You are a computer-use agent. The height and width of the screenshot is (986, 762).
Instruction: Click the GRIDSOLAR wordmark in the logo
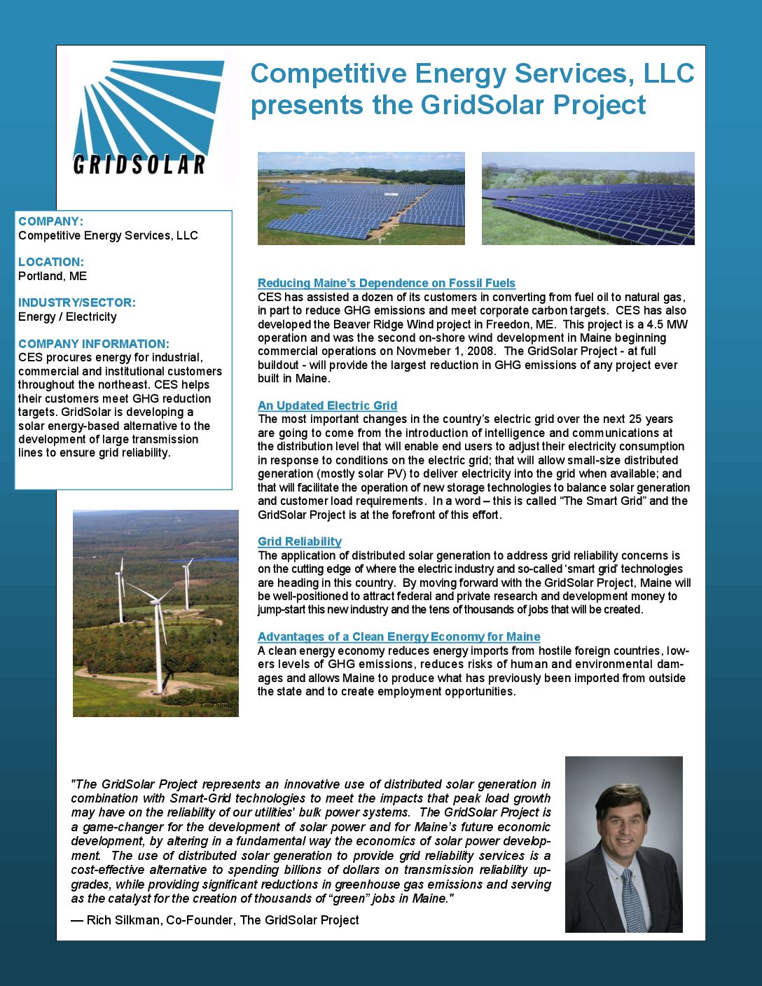[x=139, y=165]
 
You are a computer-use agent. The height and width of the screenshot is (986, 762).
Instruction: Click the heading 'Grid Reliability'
[x=300, y=541]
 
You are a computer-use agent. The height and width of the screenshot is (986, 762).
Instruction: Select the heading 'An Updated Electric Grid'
[x=327, y=405]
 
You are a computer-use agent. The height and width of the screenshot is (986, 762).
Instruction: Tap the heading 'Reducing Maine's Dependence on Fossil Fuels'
[x=386, y=283]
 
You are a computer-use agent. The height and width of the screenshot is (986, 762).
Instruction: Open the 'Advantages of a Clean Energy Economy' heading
[x=399, y=637]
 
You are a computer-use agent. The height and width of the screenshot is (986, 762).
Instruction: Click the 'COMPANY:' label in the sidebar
[x=50, y=221]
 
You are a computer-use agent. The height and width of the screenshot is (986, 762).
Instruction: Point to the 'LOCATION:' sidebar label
[x=51, y=262]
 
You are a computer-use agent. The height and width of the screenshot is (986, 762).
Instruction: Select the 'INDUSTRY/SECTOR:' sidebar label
[x=77, y=303]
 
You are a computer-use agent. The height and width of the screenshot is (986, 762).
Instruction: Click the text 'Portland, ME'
[x=53, y=276]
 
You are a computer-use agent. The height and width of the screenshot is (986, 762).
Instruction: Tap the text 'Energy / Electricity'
[x=67, y=317]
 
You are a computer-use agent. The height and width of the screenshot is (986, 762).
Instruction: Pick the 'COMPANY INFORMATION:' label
[x=94, y=344]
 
